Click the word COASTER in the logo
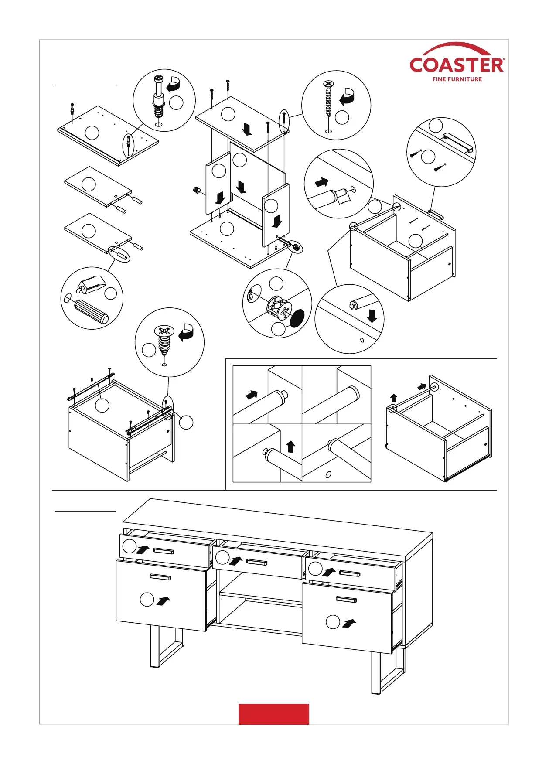457,65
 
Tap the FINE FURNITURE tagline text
457,79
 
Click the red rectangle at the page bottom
273,714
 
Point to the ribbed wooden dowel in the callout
92,311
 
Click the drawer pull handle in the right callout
458,143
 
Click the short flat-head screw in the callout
164,338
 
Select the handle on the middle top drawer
257,562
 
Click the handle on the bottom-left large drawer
160,577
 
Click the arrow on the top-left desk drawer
143,549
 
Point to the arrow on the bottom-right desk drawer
349,623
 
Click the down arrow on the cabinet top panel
247,129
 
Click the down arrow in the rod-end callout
372,316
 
